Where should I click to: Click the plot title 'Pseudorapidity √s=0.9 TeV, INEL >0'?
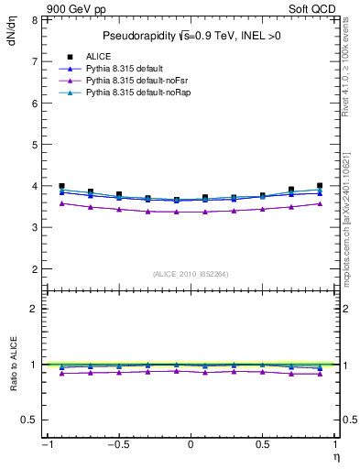pyautogui.click(x=190, y=37)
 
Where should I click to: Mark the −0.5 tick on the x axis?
pyautogui.click(x=116, y=444)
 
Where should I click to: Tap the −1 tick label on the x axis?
pyautogui.click(x=44, y=444)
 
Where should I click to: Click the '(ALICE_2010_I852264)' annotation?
pyautogui.click(x=190, y=274)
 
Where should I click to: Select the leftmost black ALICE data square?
pyautogui.click(x=61, y=186)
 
